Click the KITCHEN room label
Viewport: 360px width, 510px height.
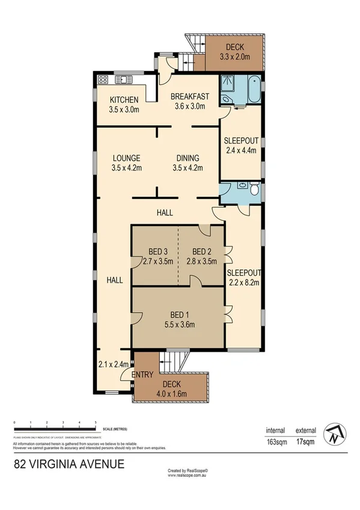pos(124,100)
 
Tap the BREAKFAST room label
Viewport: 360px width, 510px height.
pos(189,96)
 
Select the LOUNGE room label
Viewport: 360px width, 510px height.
pos(126,158)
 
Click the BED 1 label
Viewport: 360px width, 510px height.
pos(178,315)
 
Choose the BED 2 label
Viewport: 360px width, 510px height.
pos(202,251)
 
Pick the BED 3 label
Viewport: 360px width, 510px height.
pos(158,251)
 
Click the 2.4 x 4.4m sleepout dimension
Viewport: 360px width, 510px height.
pos(241,150)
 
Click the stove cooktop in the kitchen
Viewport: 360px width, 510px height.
pos(102,79)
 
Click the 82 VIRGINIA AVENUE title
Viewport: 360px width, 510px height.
pos(69,464)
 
